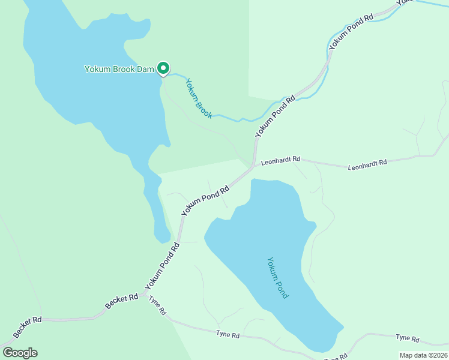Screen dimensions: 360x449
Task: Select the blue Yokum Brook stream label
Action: click(x=198, y=98)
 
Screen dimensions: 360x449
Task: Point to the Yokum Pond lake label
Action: click(x=277, y=278)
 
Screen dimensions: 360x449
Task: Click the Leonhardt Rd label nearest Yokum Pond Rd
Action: click(x=280, y=161)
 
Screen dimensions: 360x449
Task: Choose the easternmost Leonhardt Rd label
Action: click(x=367, y=163)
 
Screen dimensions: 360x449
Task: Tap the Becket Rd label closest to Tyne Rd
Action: click(x=122, y=301)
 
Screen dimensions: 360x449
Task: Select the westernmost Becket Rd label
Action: click(x=27, y=327)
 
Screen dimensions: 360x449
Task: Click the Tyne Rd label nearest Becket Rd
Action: click(x=157, y=306)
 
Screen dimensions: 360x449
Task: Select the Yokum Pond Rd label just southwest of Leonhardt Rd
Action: click(x=205, y=200)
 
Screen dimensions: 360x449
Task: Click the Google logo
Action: click(x=20, y=353)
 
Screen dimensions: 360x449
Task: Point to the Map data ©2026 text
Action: click(x=423, y=355)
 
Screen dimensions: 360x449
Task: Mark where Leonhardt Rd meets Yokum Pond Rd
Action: click(x=254, y=166)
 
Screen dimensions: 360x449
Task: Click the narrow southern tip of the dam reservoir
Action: click(x=161, y=239)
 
